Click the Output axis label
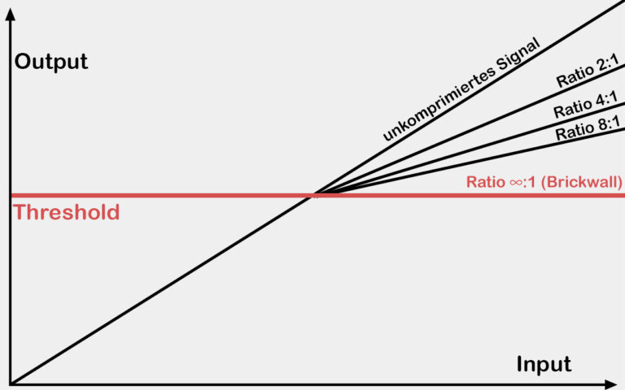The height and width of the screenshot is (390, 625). click(51, 62)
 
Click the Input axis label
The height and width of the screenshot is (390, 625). click(544, 364)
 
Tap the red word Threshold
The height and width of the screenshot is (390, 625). click(66, 212)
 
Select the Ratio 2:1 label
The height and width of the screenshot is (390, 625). click(588, 71)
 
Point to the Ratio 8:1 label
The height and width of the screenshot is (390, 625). click(588, 128)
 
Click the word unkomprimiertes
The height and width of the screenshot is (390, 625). click(439, 103)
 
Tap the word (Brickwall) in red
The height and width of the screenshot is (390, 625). click(584, 182)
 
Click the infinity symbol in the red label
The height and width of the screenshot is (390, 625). click(517, 183)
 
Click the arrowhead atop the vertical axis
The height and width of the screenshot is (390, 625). click(11, 15)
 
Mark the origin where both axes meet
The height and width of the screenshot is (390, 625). click(11, 384)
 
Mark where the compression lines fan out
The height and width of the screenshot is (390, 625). click(316, 194)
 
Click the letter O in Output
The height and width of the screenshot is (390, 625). click(23, 62)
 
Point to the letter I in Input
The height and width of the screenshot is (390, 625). click(519, 363)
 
